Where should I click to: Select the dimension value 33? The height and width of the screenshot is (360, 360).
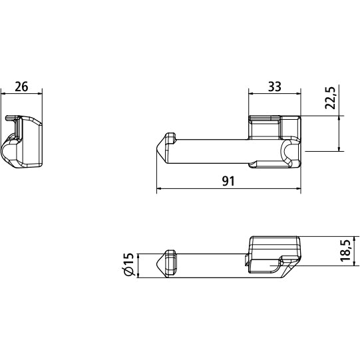pos(273,87)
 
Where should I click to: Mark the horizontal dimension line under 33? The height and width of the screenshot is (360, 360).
pos(274,95)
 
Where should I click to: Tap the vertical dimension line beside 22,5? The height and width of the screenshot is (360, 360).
pos(340,133)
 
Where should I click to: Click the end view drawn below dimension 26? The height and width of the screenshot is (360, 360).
pos(25,142)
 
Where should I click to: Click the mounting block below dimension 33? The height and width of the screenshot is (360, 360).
pos(274,140)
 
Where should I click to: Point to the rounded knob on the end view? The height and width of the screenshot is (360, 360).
pos(12,150)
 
